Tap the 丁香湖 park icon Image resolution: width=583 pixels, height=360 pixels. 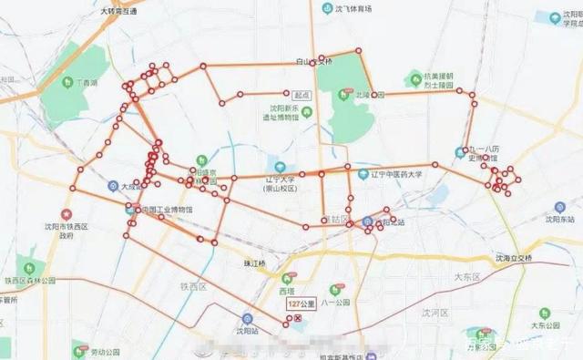tap(67, 82)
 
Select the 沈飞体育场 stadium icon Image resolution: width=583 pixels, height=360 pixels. tap(326, 9)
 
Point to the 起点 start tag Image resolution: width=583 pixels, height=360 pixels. tap(302, 94)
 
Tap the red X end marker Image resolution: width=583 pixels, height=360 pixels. tap(298, 319)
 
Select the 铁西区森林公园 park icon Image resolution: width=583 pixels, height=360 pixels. tap(31, 268)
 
